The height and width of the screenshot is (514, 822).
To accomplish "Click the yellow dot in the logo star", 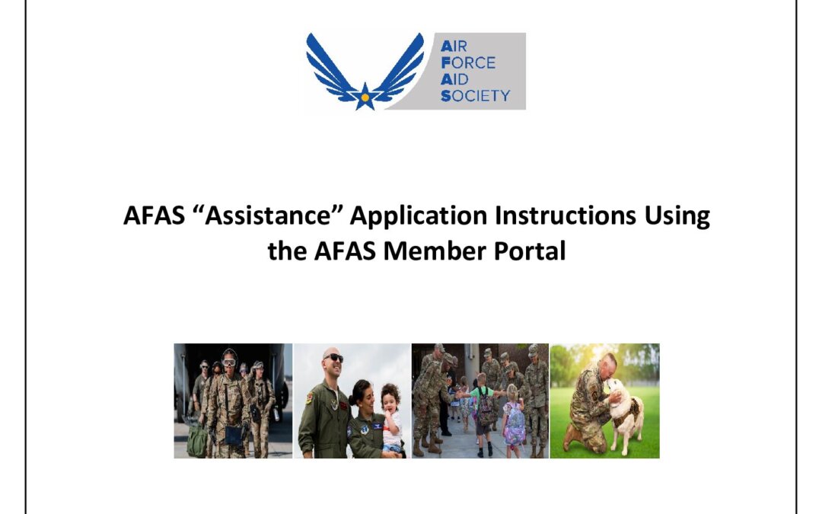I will pyautogui.click(x=365, y=97).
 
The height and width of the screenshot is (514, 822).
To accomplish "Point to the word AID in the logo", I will pyautogui.click(x=458, y=79).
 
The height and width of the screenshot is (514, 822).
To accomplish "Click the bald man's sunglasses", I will pyautogui.click(x=333, y=358).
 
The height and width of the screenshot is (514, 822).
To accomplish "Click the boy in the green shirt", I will pyautogui.click(x=481, y=404).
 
